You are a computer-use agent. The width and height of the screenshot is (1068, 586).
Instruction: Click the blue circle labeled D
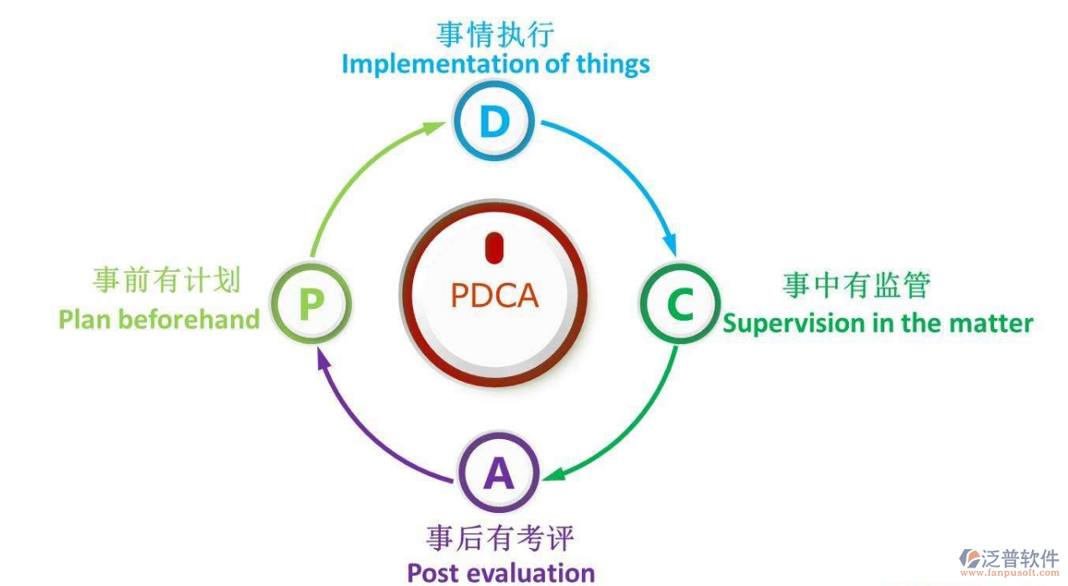click(495, 123)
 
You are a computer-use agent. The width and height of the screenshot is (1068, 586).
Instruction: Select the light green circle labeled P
click(311, 304)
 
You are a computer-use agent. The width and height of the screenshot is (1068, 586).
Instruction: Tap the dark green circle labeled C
click(680, 304)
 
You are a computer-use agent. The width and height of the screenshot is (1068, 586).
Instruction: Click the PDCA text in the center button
click(495, 296)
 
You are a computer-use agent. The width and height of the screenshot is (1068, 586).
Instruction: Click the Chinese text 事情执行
click(495, 34)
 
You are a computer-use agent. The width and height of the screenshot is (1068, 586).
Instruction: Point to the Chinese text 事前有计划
click(167, 280)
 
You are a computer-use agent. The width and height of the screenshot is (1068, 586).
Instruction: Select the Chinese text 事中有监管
click(856, 285)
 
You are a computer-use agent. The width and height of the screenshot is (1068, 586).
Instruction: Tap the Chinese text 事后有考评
click(500, 537)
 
